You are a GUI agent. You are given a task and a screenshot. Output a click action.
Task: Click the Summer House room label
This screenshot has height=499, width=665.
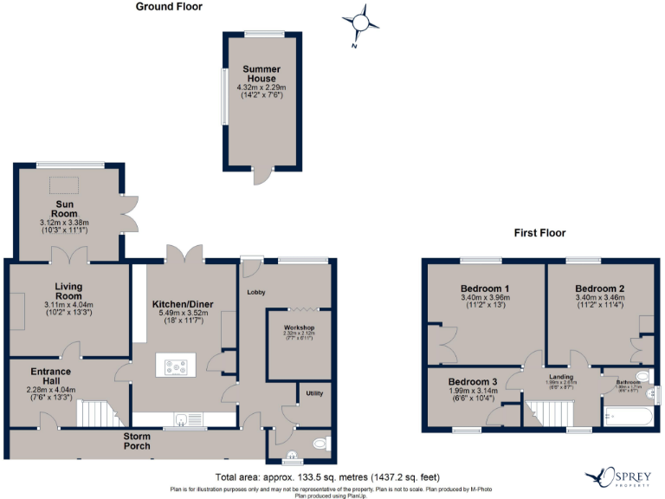(261, 74)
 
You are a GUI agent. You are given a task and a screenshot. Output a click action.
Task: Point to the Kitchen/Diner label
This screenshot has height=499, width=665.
(183, 304)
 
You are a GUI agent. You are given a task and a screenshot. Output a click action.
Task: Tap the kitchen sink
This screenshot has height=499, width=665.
(183, 421)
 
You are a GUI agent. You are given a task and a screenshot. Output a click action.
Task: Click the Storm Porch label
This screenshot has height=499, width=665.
(137, 440)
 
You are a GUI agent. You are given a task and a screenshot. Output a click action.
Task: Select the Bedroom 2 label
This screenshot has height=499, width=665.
(597, 288)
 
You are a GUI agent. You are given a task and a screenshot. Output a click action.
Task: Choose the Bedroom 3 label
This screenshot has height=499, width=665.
(472, 382)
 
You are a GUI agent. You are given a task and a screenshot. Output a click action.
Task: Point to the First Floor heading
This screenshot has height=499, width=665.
(539, 233)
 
